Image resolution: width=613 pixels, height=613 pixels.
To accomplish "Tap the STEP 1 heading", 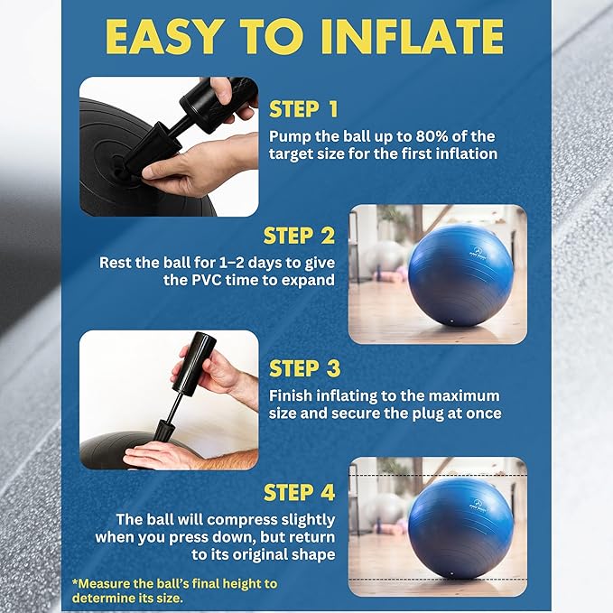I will (x=303, y=110).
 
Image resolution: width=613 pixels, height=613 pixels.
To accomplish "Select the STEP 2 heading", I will (x=300, y=236).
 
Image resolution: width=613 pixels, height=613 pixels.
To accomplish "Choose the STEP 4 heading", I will (x=300, y=492).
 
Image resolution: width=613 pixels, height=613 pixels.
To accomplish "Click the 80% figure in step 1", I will (x=420, y=136).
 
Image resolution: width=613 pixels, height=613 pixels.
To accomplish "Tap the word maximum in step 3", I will (x=462, y=395).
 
